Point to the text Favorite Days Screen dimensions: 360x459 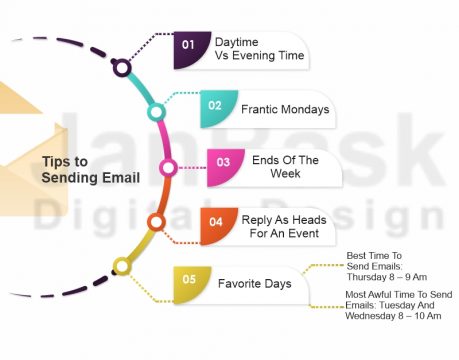(x=255, y=283)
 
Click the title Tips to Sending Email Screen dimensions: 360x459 (x=91, y=169)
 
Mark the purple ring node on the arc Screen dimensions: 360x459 (x=122, y=68)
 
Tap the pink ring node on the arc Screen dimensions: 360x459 (x=168, y=167)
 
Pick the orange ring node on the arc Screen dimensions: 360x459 (x=155, y=221)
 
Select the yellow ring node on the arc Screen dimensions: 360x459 (x=122, y=266)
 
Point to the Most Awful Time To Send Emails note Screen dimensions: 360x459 (x=398, y=304)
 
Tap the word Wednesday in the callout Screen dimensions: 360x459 (x=375, y=315)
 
